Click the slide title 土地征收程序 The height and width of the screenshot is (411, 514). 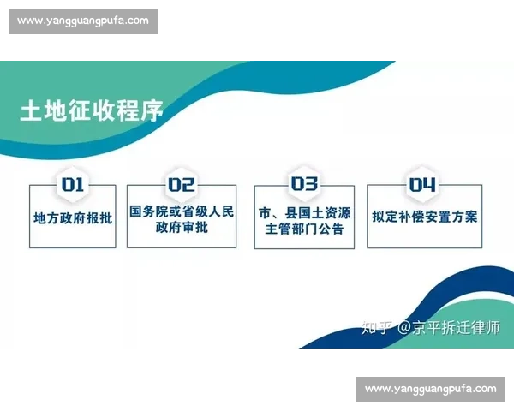(92, 111)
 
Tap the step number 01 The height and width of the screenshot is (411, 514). (72, 184)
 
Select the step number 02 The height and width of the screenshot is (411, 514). (182, 184)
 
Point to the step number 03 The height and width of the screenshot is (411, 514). (304, 184)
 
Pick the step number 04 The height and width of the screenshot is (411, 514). (422, 184)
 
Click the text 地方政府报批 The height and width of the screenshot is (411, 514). (73, 217)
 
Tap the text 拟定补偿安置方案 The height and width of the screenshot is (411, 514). (425, 217)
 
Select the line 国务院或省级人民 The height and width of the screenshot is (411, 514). (182, 211)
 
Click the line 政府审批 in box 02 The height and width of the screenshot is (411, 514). (182, 229)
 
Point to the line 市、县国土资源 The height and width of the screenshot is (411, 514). (304, 211)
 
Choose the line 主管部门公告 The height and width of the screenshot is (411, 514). (304, 229)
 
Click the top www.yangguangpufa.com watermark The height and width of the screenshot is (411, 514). (82, 21)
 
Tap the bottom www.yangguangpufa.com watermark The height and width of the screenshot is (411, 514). (431, 389)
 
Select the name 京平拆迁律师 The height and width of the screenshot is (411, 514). (457, 327)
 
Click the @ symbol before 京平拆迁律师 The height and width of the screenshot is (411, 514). (402, 327)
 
